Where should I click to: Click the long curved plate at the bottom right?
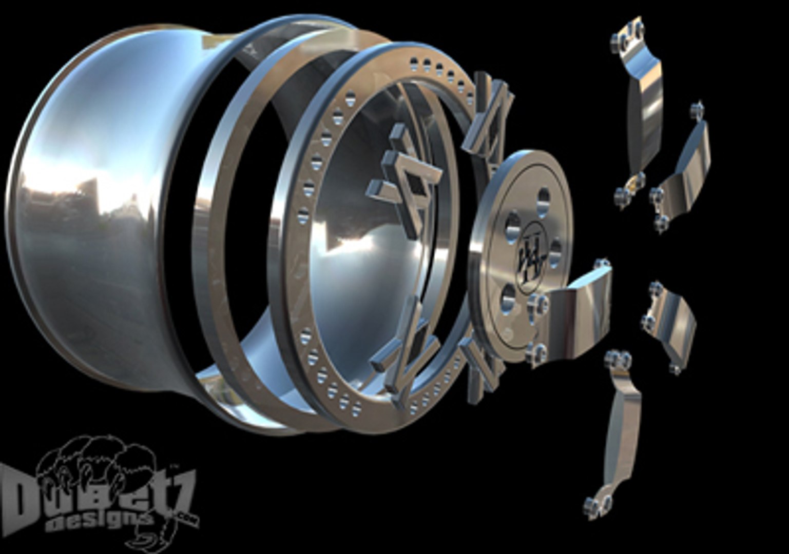pos(621,431)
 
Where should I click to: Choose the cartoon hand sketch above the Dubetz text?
pos(98,462)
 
